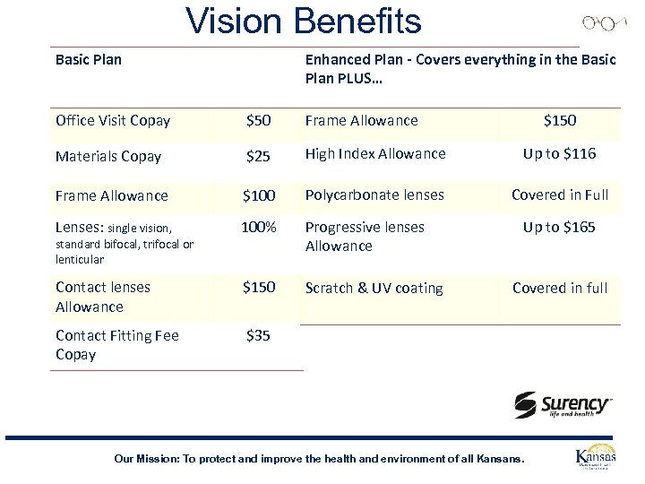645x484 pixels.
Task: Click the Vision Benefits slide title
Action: [303, 21]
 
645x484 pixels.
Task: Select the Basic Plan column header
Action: [89, 60]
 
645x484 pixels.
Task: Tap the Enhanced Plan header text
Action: [460, 69]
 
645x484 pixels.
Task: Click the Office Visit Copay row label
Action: [113, 121]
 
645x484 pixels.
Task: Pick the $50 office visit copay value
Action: [258, 121]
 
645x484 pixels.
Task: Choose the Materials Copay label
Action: [108, 157]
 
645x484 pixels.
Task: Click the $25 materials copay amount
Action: [258, 157]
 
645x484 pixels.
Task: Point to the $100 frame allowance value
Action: [258, 195]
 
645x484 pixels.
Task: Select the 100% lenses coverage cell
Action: [258, 228]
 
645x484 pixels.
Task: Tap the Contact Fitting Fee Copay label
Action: [116, 345]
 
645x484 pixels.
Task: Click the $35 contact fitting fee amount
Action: [258, 336]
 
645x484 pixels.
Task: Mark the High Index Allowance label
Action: [375, 154]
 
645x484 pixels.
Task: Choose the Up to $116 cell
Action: [559, 154]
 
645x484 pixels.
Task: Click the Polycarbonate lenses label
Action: [375, 195]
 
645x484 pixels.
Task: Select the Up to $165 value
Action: [559, 228]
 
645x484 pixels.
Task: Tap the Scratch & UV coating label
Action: [374, 289]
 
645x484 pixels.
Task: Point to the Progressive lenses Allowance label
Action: [365, 237]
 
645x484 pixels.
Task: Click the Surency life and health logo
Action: [563, 405]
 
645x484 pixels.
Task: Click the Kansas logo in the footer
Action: [595, 458]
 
